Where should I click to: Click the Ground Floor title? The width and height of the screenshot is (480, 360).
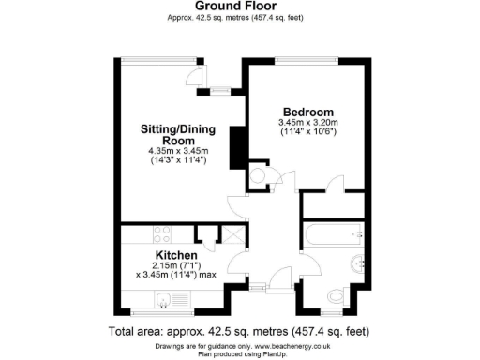[x=239, y=6]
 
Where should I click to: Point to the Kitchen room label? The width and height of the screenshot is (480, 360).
[x=175, y=255]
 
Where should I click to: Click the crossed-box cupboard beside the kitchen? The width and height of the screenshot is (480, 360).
[x=228, y=234]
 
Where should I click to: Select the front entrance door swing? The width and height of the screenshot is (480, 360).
[x=279, y=277]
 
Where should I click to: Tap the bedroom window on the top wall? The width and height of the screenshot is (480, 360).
[x=307, y=61]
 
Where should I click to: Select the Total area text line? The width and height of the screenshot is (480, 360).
[x=239, y=332]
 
